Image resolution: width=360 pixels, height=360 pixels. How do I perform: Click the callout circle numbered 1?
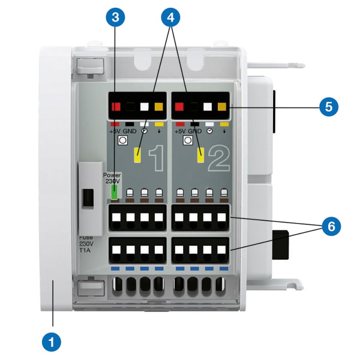51,341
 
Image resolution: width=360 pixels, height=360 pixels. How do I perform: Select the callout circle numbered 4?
171,17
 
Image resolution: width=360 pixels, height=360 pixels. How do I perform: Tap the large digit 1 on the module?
155,158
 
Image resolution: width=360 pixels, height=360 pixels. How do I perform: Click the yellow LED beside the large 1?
137,155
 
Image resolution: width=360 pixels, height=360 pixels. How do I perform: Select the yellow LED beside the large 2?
202,155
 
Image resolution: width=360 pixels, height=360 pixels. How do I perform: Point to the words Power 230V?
113,178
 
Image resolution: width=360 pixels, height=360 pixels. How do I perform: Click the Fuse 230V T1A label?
87,244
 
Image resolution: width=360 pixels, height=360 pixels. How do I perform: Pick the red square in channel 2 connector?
178,109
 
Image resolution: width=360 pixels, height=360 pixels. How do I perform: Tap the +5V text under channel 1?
115,131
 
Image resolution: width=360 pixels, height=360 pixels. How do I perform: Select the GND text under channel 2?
194,131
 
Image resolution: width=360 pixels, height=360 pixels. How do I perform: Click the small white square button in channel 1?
122,141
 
